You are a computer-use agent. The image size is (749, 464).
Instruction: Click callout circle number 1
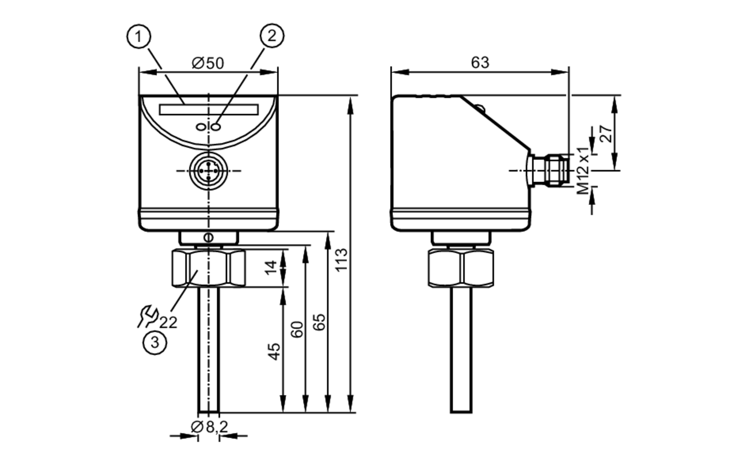coord(139,37)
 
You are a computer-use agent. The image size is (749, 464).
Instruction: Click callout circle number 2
coord(272,36)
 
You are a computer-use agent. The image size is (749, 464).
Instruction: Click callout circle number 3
coord(155,342)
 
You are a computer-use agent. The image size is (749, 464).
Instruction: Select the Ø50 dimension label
coord(208,63)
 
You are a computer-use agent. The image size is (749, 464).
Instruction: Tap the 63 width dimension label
coord(480,62)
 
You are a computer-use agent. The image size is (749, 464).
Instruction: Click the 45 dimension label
coord(275,351)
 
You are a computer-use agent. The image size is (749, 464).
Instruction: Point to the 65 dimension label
coord(319,322)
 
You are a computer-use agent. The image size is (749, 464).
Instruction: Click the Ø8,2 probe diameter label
coord(209,427)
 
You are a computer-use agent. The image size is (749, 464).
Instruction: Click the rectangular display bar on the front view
coord(209,110)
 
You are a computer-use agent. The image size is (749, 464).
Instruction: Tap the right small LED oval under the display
coord(216,127)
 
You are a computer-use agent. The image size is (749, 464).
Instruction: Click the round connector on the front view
coord(208,170)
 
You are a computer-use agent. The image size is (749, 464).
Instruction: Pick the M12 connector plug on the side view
coord(551,170)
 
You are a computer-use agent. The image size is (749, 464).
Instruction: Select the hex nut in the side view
coord(461,268)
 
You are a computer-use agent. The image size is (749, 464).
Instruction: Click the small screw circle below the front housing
coord(209,237)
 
